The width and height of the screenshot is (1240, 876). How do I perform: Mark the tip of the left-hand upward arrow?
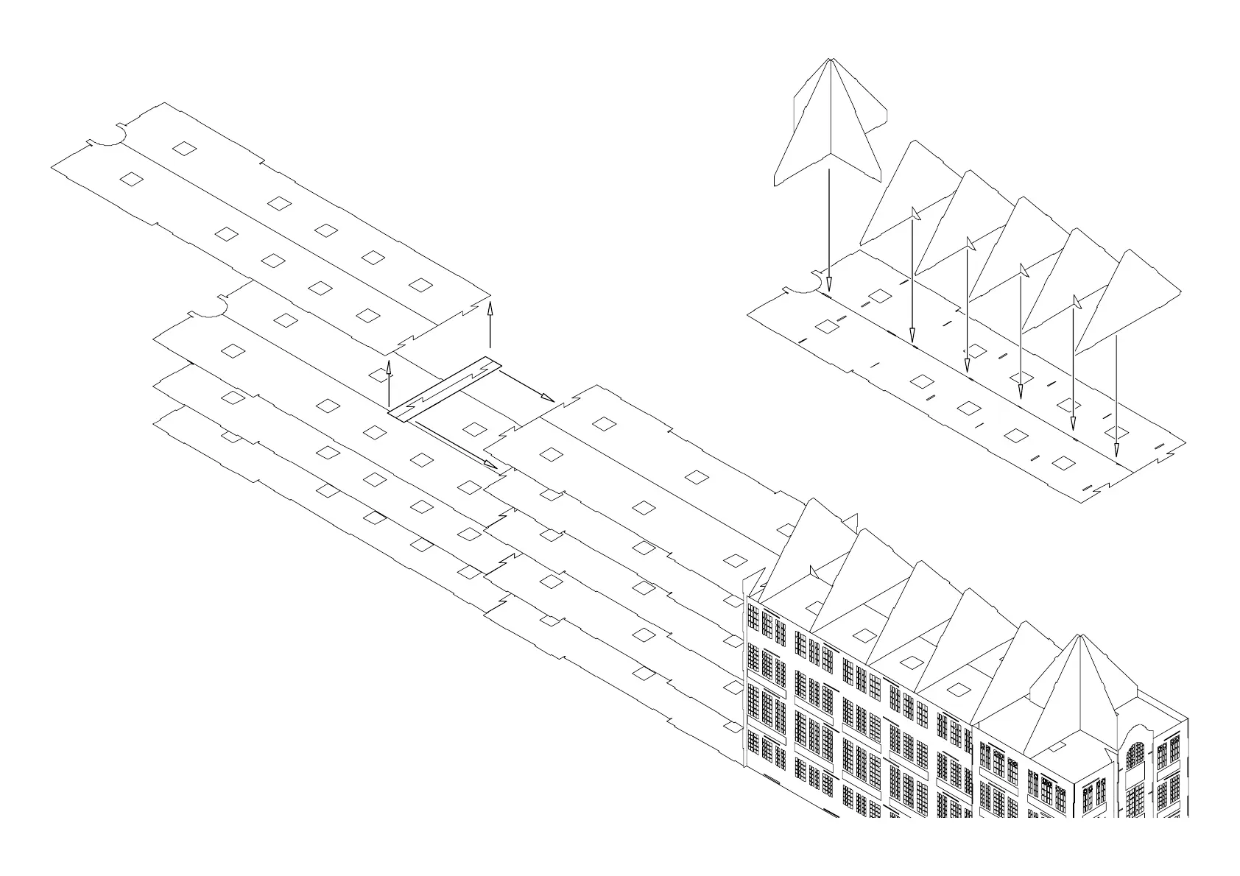click(389, 362)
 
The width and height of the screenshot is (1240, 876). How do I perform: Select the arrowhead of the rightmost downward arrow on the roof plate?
click(1116, 451)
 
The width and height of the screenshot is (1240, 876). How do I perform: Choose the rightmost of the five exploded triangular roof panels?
click(1130, 302)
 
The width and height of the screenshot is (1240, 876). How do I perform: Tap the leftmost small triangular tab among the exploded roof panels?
click(916, 213)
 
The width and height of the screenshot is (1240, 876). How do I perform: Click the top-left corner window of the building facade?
click(753, 615)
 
